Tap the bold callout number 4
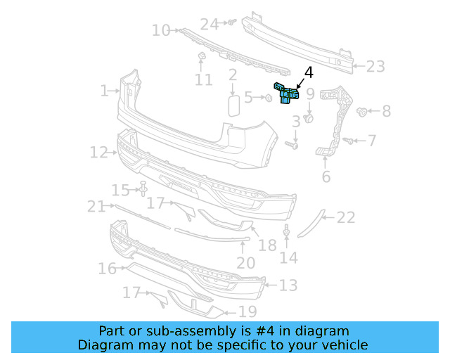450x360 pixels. pyautogui.click(x=308, y=72)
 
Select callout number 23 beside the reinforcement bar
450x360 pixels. pyautogui.click(x=375, y=67)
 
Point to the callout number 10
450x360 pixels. pyautogui.click(x=161, y=30)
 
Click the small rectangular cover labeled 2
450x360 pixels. pyautogui.click(x=233, y=105)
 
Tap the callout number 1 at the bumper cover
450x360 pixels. pyautogui.click(x=104, y=91)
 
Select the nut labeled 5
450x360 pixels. pyautogui.click(x=269, y=97)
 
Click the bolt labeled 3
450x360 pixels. pyautogui.click(x=292, y=145)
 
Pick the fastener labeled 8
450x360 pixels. pyautogui.click(x=364, y=111)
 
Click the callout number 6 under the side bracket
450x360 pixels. pyautogui.click(x=326, y=176)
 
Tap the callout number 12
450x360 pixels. pyautogui.click(x=98, y=152)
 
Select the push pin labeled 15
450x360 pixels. pyautogui.click(x=143, y=188)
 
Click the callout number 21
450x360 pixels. pyautogui.click(x=96, y=206)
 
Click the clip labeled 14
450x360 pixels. pyautogui.click(x=287, y=232)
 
